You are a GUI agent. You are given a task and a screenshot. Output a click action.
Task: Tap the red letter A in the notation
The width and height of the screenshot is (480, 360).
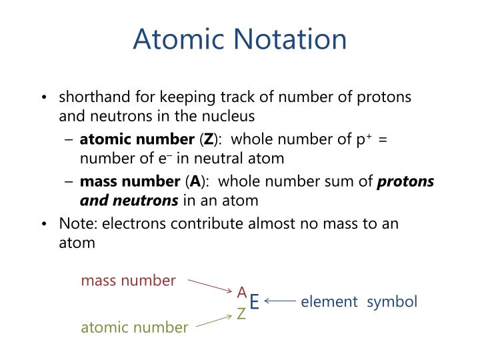(x=242, y=292)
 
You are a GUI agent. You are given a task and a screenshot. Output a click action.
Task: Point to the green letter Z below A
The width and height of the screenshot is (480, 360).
(x=242, y=314)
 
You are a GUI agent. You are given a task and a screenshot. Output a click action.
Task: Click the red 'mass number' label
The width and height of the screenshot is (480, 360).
(x=129, y=280)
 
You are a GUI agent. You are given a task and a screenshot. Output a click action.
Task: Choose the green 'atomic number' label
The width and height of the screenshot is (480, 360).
(x=135, y=327)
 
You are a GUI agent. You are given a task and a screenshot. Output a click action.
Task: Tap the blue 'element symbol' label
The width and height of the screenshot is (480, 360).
(x=359, y=302)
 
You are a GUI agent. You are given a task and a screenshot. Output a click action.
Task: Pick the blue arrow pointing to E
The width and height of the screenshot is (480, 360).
(x=281, y=301)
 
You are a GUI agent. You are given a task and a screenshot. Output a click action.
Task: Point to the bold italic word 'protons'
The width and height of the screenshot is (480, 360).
(x=406, y=181)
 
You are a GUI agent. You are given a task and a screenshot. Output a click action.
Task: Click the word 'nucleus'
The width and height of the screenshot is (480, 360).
(x=232, y=117)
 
